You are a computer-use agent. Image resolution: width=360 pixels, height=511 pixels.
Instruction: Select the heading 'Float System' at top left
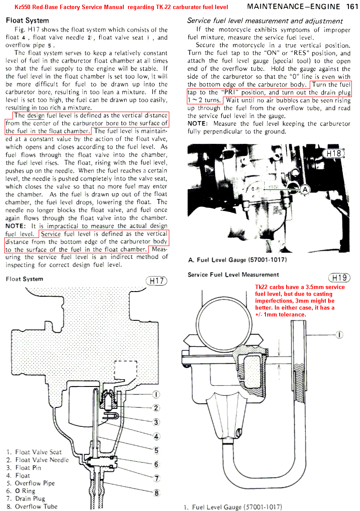click(27, 21)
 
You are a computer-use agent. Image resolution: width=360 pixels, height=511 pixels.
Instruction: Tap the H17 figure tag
click(156, 281)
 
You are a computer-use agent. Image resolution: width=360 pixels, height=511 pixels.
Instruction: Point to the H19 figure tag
click(339, 277)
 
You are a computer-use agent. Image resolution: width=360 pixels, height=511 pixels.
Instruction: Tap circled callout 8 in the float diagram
click(157, 493)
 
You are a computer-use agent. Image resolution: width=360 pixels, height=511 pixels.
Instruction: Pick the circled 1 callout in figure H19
click(339, 335)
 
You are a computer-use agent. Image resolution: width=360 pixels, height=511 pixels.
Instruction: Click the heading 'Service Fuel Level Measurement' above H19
click(233, 275)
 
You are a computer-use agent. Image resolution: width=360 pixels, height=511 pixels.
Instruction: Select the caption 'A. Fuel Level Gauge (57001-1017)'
click(238, 260)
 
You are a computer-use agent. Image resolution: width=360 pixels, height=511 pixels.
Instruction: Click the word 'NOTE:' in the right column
click(197, 124)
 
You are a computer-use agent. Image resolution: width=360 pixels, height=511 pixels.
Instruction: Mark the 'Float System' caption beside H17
click(24, 279)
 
